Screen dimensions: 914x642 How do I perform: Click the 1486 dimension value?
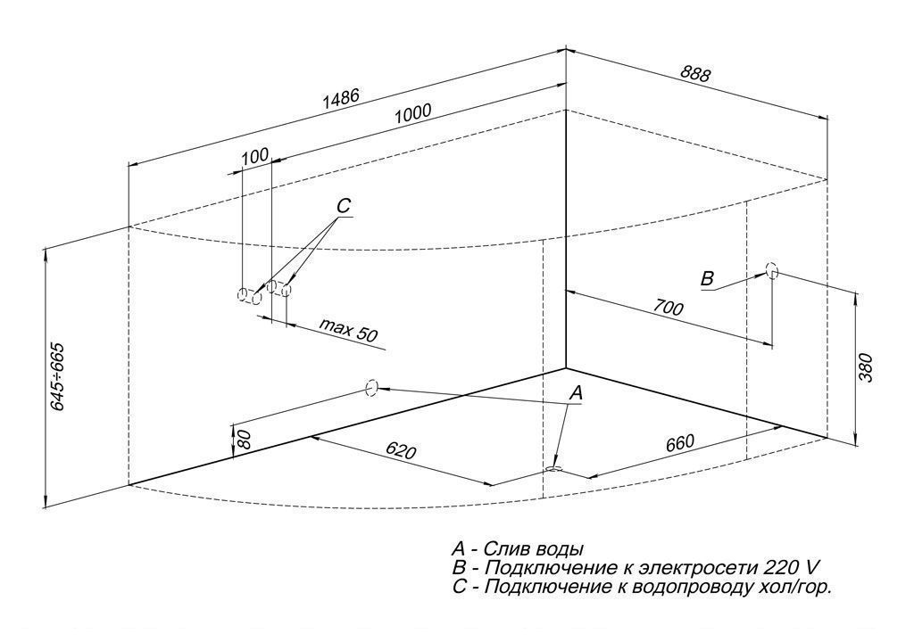[342, 98]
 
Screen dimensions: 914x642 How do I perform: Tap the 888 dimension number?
[695, 73]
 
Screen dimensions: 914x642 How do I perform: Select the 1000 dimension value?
[412, 112]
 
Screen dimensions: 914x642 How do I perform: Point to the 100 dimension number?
[254, 155]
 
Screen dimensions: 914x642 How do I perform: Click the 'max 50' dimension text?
[349, 330]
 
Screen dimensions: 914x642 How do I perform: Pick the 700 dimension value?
[668, 307]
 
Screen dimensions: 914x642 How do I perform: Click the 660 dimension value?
[679, 443]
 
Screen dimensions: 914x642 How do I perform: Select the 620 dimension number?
[401, 449]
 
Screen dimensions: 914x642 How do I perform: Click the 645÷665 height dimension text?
[57, 377]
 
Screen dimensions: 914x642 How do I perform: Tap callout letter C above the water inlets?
[344, 206]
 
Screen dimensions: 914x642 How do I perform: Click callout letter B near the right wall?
[707, 278]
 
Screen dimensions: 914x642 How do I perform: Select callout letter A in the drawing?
[576, 393]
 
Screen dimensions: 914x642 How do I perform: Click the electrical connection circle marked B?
[772, 271]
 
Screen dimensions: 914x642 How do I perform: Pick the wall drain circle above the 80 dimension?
[371, 387]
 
